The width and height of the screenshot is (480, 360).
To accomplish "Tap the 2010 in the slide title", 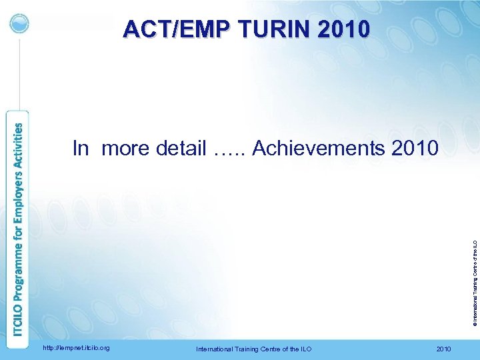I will click(343, 29).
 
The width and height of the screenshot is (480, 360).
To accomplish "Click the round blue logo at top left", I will click(20, 23).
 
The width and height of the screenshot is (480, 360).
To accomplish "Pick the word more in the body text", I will click(126, 148).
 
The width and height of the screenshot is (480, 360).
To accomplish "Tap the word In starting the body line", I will click(80, 148).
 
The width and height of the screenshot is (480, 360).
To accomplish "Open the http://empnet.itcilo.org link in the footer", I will click(76, 348).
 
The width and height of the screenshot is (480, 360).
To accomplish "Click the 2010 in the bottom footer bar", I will click(443, 349).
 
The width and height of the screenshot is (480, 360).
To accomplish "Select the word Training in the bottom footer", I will click(247, 349).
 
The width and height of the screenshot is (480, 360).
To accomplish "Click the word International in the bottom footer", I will click(214, 349).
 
